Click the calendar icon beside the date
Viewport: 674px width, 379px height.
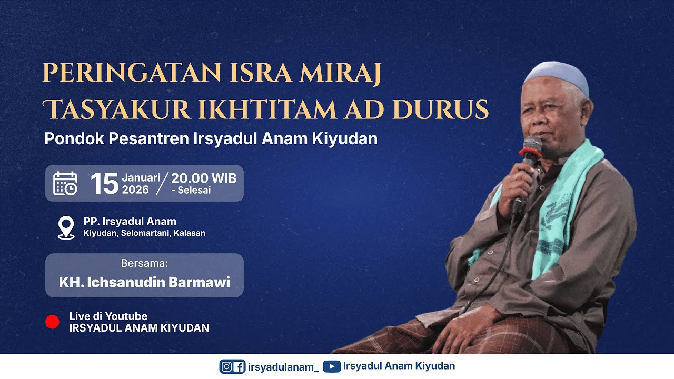coord(66,183)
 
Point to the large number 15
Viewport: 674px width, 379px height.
coord(104,184)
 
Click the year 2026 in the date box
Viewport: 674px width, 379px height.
coord(136,190)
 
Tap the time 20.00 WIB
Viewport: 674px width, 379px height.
coord(204,178)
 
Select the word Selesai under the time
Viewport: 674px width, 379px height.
coord(194,191)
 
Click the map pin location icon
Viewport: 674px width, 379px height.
coord(66,227)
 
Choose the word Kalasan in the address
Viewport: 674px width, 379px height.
coord(189,233)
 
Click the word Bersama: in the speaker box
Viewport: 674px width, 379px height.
coord(144,263)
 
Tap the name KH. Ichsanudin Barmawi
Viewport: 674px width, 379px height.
coord(144,282)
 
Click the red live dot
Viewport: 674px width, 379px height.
coord(53,322)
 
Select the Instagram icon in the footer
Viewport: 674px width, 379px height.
coord(226,366)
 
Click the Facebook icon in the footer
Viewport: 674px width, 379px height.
coord(239,366)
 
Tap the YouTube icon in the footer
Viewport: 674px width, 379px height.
coord(332,366)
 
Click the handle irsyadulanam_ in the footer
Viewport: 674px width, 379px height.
coord(283,367)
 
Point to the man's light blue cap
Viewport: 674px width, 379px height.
coord(557,77)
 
